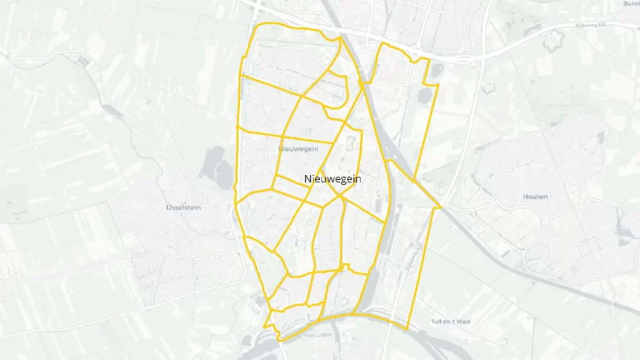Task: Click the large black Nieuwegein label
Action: tap(332, 179)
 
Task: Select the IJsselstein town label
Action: tap(184, 207)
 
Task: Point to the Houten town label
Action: tap(535, 196)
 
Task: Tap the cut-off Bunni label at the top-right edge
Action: tap(631, 4)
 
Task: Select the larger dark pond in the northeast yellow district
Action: tap(424, 95)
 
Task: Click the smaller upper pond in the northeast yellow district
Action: tap(436, 70)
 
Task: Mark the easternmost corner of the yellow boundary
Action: tap(441, 207)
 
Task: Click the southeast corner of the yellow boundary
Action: tap(407, 329)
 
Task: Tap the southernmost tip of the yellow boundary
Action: tap(279, 341)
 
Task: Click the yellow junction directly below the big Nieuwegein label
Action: tap(341, 195)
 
